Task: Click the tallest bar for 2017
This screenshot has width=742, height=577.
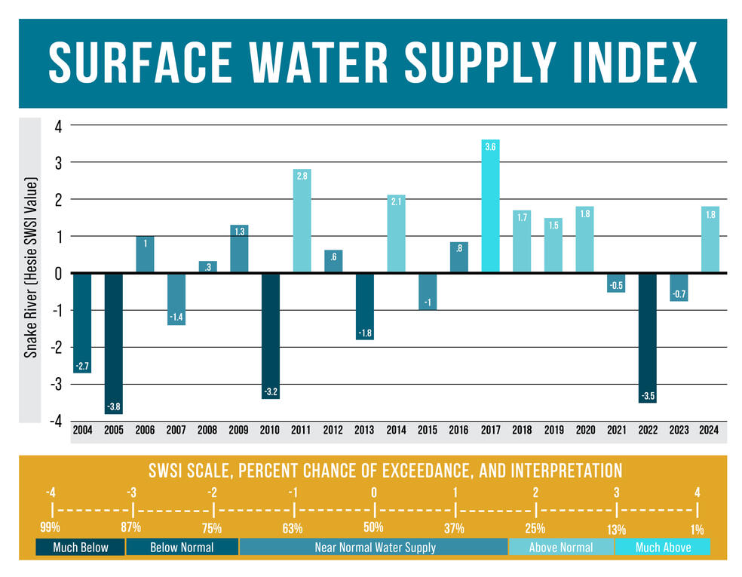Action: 490,206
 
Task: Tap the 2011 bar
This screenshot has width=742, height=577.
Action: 302,220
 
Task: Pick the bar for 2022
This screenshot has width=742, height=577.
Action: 646,338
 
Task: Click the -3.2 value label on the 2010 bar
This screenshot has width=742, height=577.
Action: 270,391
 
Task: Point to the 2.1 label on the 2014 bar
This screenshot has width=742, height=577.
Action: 396,202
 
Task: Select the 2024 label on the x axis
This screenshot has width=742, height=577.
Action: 709,431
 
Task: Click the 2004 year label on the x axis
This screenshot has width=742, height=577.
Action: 82,431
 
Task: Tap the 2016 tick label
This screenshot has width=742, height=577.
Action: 458,431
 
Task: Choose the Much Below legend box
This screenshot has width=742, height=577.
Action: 80,547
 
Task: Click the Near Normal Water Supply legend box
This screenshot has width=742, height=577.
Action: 374,547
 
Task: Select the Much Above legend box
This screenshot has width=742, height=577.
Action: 662,547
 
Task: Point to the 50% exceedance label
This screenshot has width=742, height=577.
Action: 373,527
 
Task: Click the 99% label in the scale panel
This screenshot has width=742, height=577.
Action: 51,527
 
